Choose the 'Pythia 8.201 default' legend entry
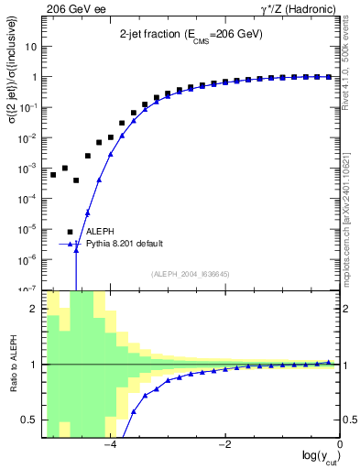[125, 244]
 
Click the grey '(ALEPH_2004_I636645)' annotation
[190, 273]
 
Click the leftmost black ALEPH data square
[53, 174]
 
